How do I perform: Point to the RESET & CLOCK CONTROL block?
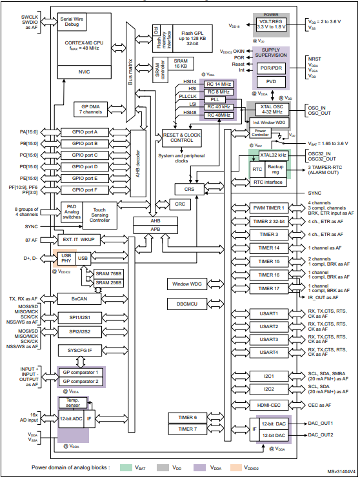pyautogui.click(x=177, y=137)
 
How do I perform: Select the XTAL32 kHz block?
pyautogui.click(x=273, y=155)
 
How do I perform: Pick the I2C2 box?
pyautogui.click(x=268, y=389)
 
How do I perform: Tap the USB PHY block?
pyautogui.click(x=66, y=258)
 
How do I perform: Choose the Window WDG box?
pyautogui.click(x=186, y=284)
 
